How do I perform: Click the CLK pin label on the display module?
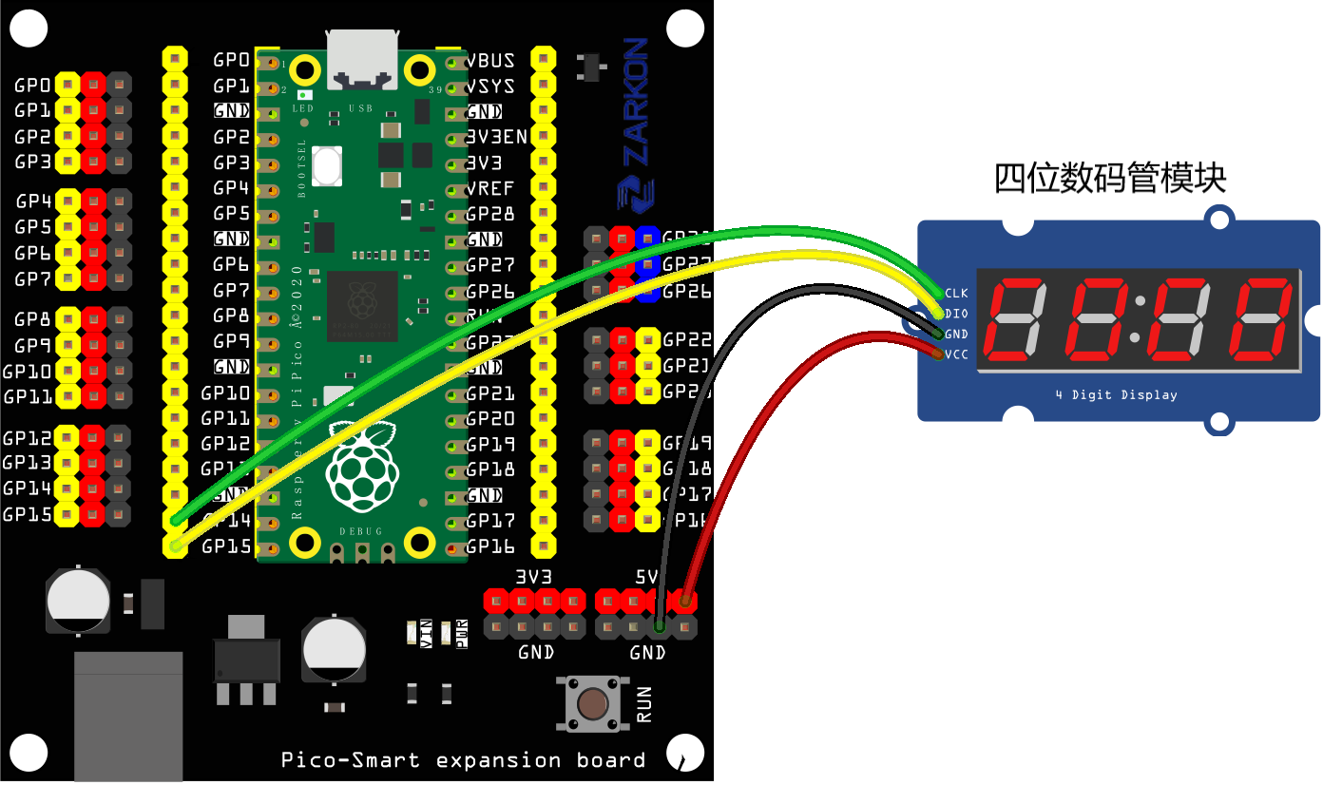point(956,293)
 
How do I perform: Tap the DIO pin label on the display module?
point(956,314)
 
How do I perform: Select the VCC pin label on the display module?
point(956,354)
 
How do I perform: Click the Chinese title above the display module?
point(1110,178)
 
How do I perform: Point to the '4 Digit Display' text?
point(1116,395)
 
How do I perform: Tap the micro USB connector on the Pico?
point(362,53)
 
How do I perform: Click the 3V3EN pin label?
point(496,137)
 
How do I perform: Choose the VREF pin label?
point(490,188)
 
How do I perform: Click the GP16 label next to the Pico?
point(490,546)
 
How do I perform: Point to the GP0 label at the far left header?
point(32,86)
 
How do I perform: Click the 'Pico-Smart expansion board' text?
point(463,760)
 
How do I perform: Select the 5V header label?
point(646,577)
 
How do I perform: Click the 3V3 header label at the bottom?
point(534,577)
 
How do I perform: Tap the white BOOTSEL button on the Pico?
point(326,166)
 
